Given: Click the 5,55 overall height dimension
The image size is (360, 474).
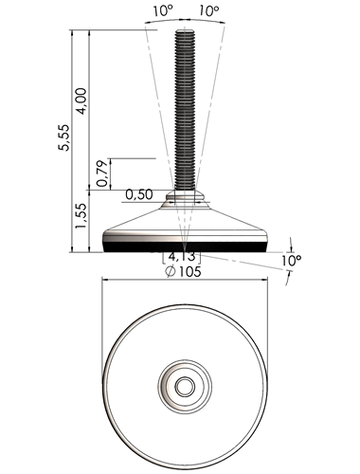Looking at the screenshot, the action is (x=64, y=137).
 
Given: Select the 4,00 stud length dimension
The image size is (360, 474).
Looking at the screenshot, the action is (x=81, y=100).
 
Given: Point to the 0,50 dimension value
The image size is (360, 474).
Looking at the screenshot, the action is (x=139, y=194).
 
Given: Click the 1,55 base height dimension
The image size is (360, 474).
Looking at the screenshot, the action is (x=81, y=216).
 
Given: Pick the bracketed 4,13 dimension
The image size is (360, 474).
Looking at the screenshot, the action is (x=182, y=257).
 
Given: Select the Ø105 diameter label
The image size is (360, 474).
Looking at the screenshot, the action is (x=184, y=271).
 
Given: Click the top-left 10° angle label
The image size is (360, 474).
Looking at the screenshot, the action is (x=163, y=11).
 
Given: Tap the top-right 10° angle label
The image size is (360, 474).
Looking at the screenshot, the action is (x=208, y=11).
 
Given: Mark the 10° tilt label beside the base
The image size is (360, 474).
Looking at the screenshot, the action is (x=292, y=260).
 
